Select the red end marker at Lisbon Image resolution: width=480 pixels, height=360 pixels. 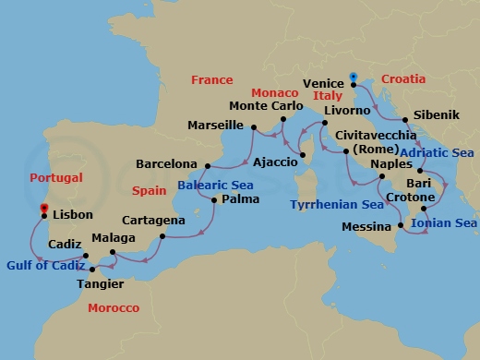pyautogui.click(x=42, y=208)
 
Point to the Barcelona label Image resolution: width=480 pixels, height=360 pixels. pyautogui.click(x=167, y=164)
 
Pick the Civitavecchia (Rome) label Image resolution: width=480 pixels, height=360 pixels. pyautogui.click(x=380, y=141)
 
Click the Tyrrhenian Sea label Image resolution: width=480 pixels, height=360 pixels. pyautogui.click(x=335, y=205)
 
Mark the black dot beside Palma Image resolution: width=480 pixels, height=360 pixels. pyautogui.click(x=214, y=199)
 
